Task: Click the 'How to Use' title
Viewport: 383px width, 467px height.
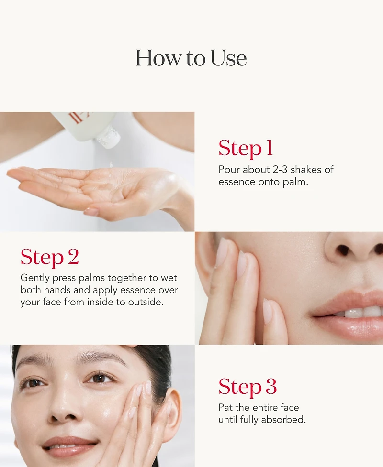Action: point(191,58)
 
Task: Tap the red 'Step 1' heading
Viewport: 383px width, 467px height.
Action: point(246,148)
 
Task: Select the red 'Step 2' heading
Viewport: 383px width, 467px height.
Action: point(49,257)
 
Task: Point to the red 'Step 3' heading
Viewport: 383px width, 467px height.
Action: point(248,387)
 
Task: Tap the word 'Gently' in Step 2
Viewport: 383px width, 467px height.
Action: point(35,278)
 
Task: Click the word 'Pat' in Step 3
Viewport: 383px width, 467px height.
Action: point(225,407)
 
